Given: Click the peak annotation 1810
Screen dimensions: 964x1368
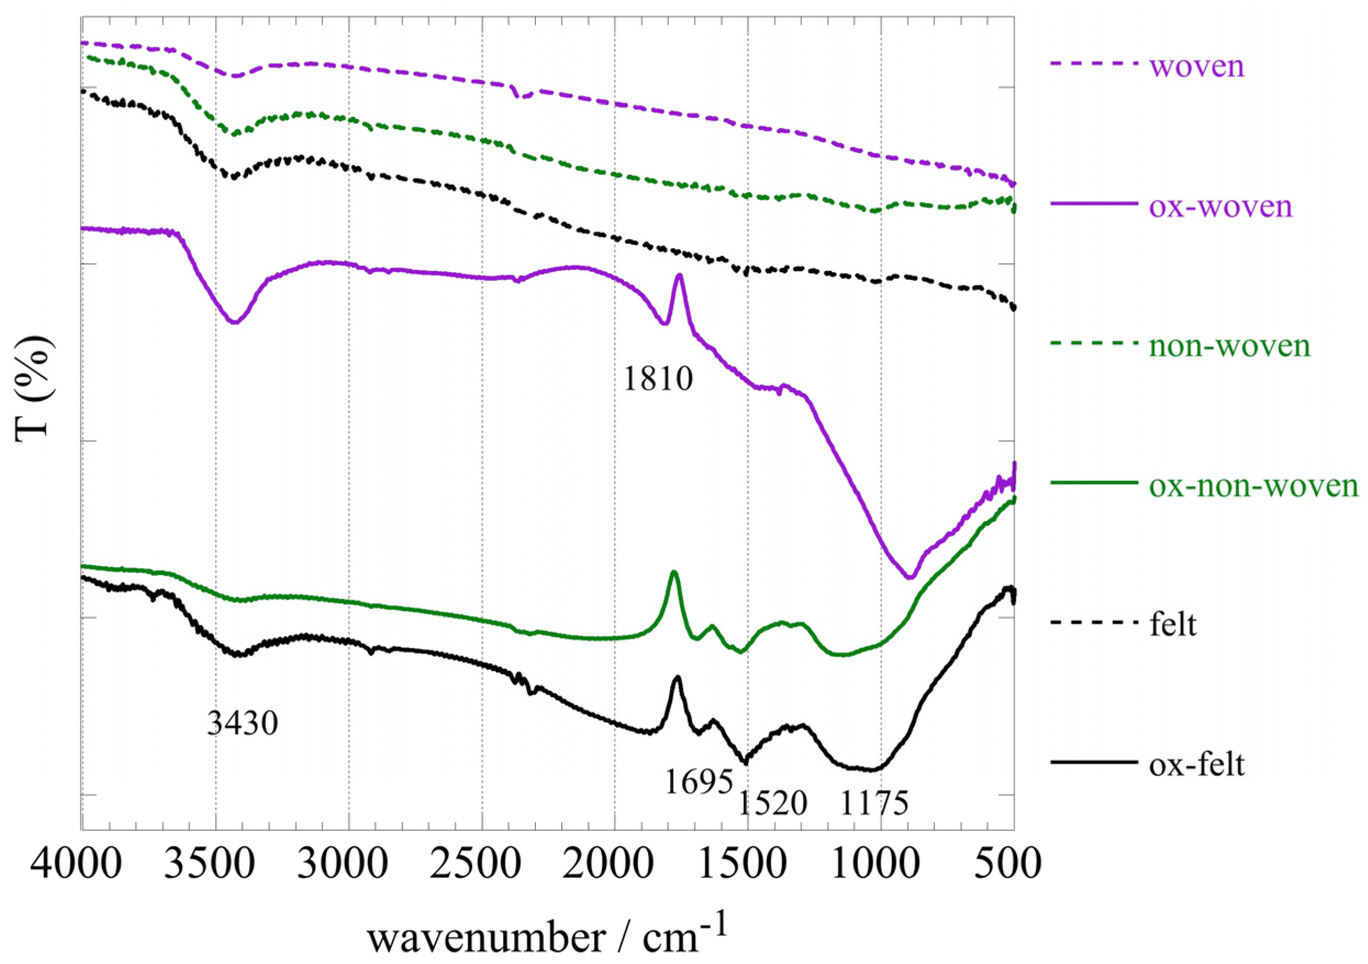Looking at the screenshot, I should tap(658, 379).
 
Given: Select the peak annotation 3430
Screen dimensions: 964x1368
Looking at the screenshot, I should tap(243, 724).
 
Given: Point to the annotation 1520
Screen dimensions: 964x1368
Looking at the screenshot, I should tap(773, 803).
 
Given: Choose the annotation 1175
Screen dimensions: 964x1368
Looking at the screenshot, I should tap(875, 803).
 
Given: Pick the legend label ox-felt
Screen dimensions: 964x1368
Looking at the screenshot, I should tap(1197, 764).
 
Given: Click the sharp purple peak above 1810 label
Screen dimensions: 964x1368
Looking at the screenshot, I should tap(679, 275).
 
